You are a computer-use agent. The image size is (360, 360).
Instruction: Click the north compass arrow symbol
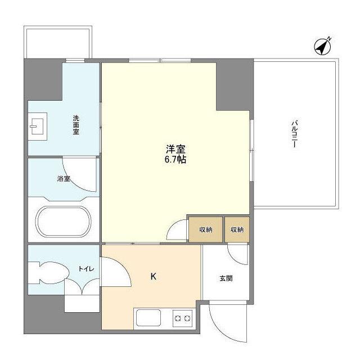click(x=322, y=47)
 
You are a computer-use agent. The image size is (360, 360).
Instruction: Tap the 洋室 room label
click(x=175, y=149)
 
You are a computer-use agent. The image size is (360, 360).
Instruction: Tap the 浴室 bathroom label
click(x=64, y=179)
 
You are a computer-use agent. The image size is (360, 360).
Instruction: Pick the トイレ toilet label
click(x=86, y=269)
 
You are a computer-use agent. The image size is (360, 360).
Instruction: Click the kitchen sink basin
click(x=147, y=319)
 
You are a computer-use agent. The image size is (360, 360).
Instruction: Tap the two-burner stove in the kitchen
click(x=181, y=319)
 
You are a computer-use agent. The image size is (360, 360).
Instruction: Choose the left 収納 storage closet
click(x=205, y=229)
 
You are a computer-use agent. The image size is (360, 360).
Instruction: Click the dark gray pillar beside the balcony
click(x=235, y=84)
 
